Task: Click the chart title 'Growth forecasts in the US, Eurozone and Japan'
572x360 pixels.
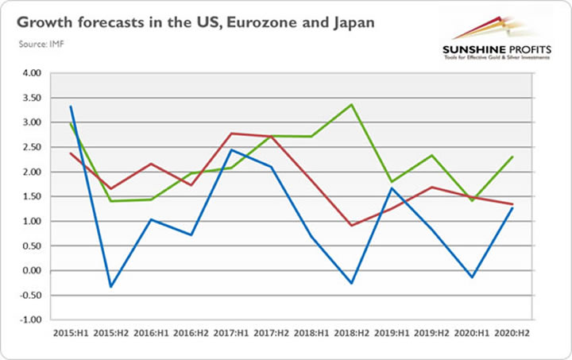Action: (x=194, y=21)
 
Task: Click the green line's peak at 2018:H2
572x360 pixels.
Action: (x=351, y=104)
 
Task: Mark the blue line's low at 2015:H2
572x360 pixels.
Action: (x=110, y=287)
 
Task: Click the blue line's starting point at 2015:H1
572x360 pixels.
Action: (x=71, y=106)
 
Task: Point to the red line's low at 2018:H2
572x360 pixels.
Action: (x=351, y=226)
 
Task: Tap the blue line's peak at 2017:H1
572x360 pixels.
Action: (x=230, y=150)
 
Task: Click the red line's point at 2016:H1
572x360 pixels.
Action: (x=150, y=164)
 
